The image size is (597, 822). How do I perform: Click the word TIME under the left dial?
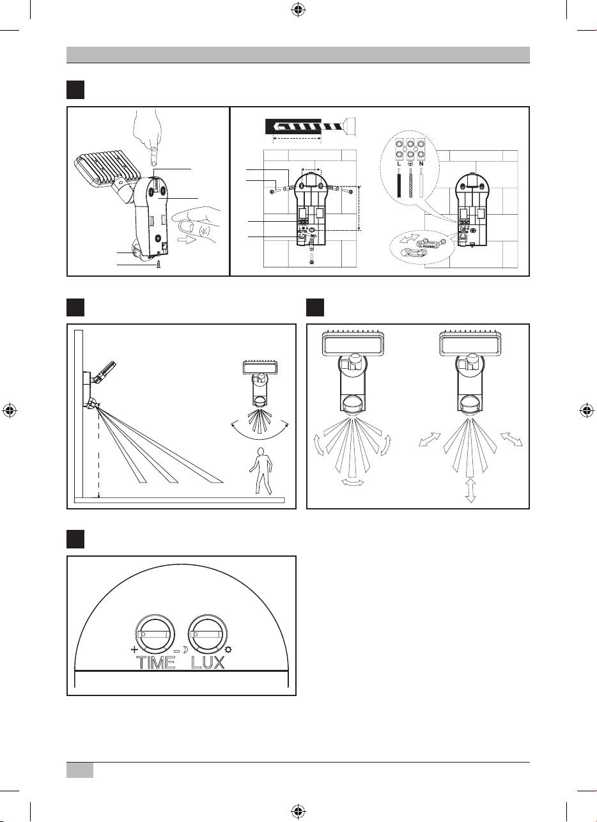(x=156, y=663)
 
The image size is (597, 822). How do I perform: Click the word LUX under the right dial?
(x=208, y=663)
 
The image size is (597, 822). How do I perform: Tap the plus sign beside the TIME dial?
(x=134, y=649)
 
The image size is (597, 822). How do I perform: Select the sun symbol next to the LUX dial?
(x=229, y=650)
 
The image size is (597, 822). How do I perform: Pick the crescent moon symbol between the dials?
(x=185, y=650)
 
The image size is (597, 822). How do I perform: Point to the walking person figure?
(x=261, y=471)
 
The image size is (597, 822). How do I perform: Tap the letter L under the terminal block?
(x=399, y=164)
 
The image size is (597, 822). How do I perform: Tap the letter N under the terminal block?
(x=421, y=164)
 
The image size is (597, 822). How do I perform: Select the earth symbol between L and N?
(x=410, y=164)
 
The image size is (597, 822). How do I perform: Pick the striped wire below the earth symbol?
(x=410, y=183)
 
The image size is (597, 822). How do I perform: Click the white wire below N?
(x=421, y=183)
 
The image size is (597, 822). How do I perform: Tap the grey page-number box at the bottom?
(x=80, y=770)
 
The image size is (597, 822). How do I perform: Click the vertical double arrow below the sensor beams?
(x=470, y=490)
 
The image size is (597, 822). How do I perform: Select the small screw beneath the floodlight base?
(x=159, y=264)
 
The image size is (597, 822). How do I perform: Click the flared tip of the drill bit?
(x=350, y=126)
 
